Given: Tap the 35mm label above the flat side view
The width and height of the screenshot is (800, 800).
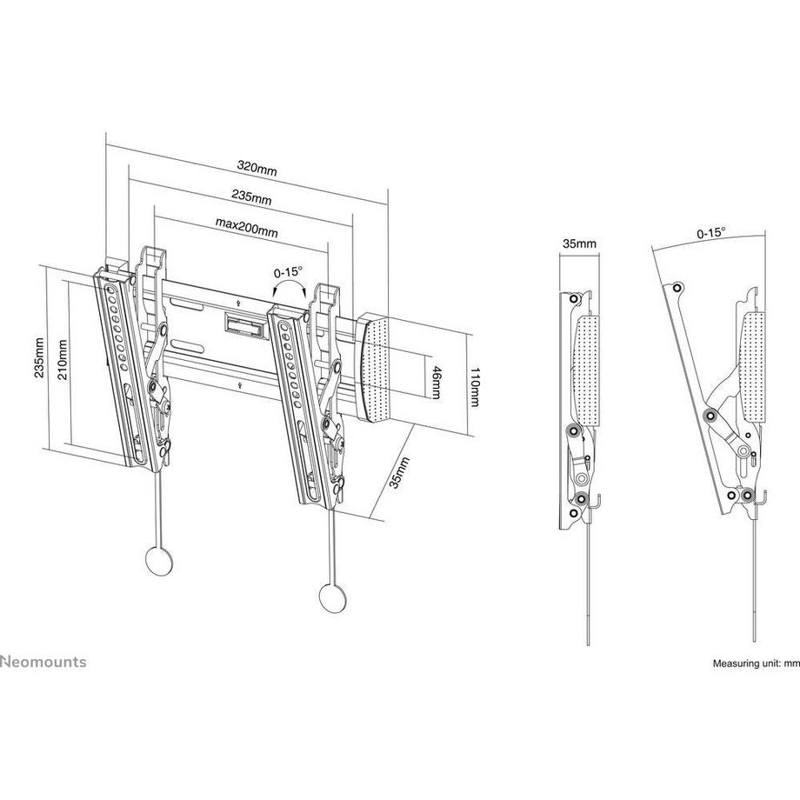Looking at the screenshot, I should coord(579,244).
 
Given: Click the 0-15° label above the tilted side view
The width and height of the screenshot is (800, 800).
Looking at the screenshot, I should coord(710,233).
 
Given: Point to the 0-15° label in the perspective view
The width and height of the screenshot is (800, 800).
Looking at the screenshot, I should coord(287,271).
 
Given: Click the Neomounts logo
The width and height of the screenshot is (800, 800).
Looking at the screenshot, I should coord(43,662).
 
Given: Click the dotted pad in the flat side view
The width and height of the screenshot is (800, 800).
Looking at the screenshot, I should coord(588,370).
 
